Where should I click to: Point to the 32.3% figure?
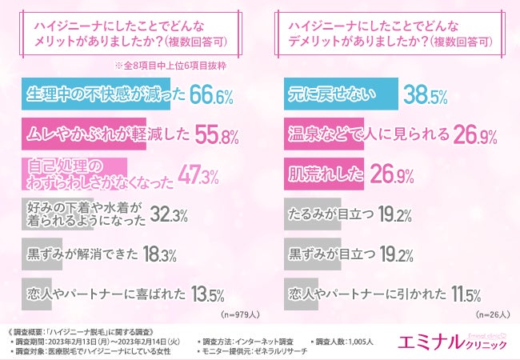tap(167, 214)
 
